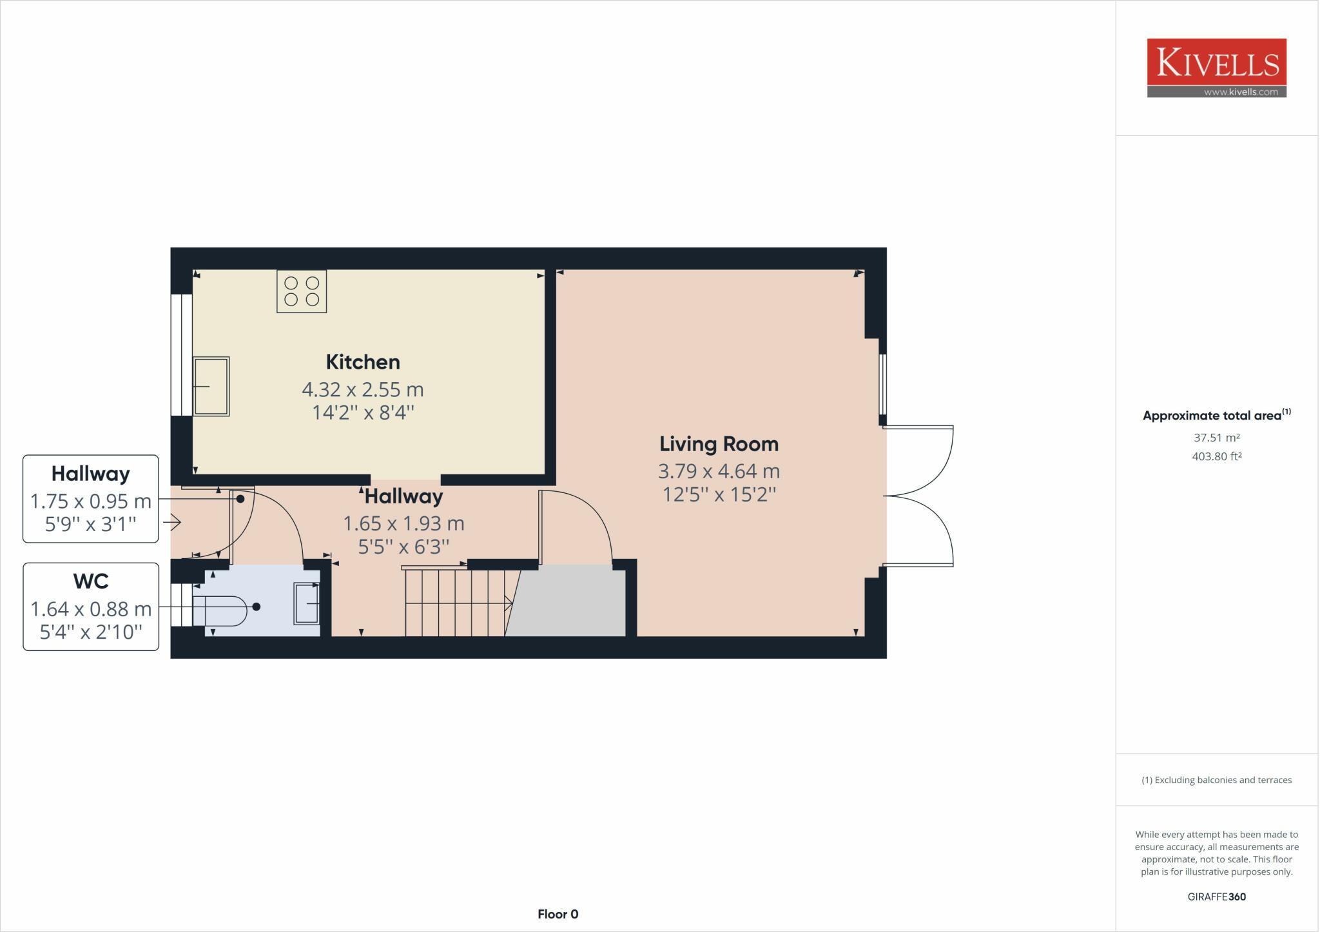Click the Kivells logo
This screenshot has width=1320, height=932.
[x=1216, y=68]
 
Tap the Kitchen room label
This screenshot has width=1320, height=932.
[x=363, y=362]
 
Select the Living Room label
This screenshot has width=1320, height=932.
[x=719, y=443]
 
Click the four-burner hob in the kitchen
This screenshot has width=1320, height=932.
[x=302, y=291]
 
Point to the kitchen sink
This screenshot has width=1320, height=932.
[x=211, y=386]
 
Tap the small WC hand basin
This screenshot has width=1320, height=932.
[x=306, y=603]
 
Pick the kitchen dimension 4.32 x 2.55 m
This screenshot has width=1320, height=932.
[x=363, y=389]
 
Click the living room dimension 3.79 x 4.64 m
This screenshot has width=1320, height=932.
[x=719, y=471]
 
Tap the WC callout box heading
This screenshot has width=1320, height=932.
[x=91, y=581]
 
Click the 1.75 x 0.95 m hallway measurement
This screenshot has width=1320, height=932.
[x=91, y=501]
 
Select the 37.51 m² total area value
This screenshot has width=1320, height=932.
[x=1217, y=438]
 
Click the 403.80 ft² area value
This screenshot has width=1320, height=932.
[x=1217, y=456]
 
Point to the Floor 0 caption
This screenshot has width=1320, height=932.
[x=558, y=914]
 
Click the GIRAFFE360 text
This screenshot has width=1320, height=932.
[x=1217, y=897]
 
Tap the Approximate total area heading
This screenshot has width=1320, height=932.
[x=1217, y=415]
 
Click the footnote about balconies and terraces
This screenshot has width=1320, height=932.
[x=1217, y=780]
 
